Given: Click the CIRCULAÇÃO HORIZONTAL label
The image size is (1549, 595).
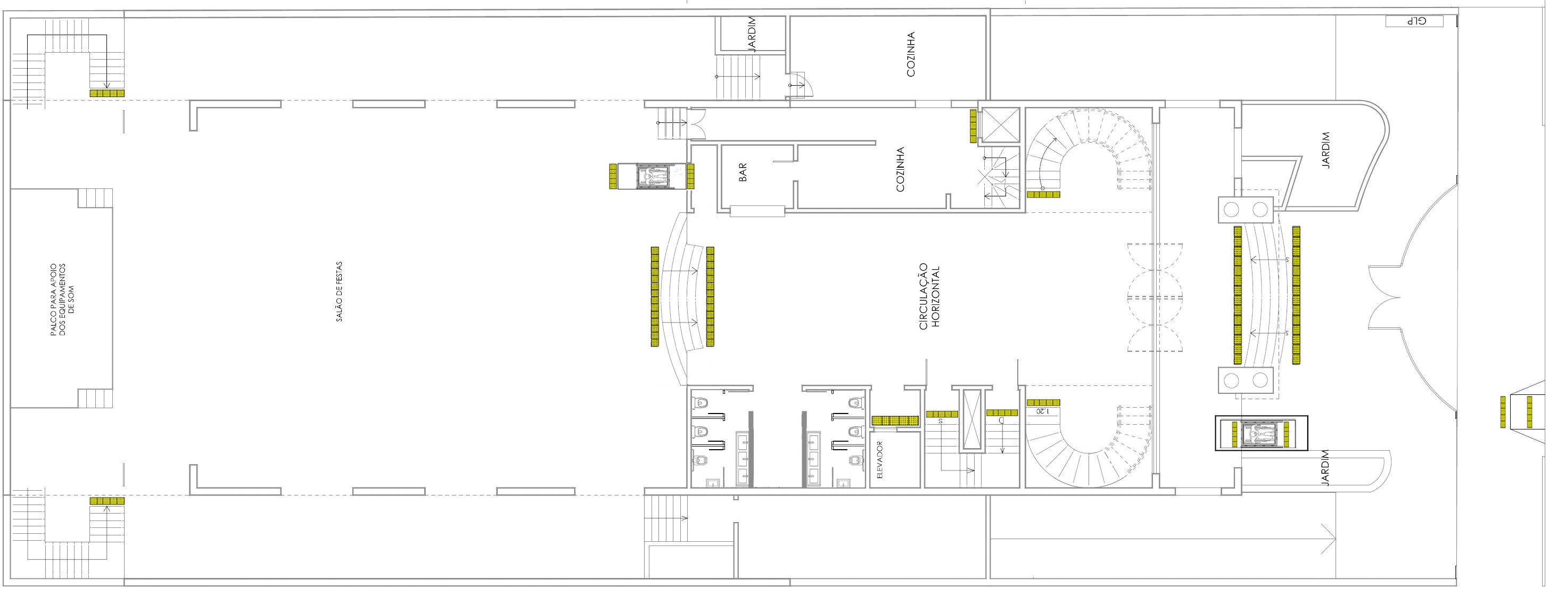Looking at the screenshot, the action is (x=929, y=297).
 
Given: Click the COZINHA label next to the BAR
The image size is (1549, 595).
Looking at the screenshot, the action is (x=900, y=170).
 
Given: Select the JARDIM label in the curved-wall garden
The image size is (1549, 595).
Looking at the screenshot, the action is (x=1327, y=150).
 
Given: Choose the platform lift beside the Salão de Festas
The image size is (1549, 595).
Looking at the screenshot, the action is (x=653, y=177).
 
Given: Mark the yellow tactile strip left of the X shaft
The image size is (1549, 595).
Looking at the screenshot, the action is (x=973, y=126).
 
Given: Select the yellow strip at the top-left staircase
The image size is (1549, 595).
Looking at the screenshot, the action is (x=107, y=93).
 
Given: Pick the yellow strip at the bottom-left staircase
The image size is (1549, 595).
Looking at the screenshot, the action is (x=107, y=501).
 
